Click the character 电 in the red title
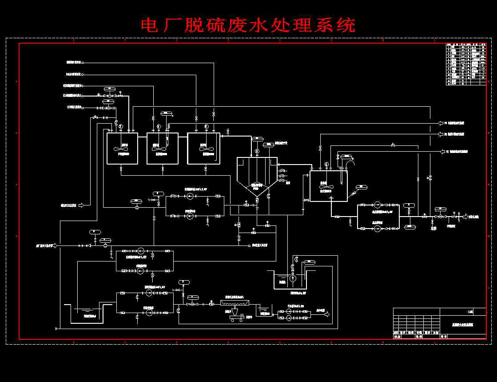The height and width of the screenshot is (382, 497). click(x=150, y=25)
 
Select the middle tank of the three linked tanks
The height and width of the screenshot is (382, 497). click(x=162, y=148)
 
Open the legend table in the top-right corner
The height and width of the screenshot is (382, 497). click(x=465, y=64)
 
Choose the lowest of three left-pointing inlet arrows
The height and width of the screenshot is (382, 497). click(x=442, y=152)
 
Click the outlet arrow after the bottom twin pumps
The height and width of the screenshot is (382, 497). click(x=326, y=314)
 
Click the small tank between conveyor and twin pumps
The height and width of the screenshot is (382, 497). click(x=265, y=311)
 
